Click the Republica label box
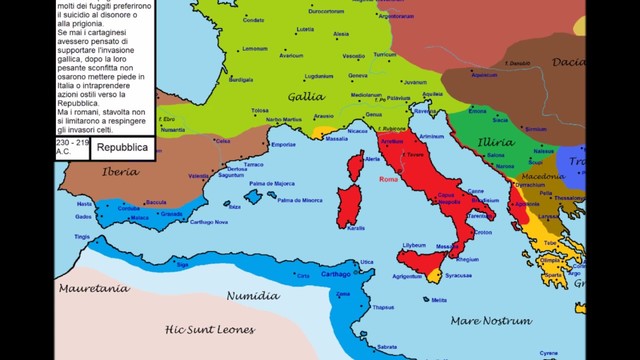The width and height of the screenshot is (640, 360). [x=123, y=148]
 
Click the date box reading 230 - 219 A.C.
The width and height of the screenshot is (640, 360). [x=72, y=148]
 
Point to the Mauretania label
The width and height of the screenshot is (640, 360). [x=94, y=288]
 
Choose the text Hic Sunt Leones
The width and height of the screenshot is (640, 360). [x=210, y=329]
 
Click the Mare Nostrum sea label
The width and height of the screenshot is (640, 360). [x=490, y=321]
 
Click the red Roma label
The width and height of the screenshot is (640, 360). [x=389, y=180]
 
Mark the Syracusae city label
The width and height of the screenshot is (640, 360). [x=458, y=274]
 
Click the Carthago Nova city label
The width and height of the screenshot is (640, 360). [x=208, y=221]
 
